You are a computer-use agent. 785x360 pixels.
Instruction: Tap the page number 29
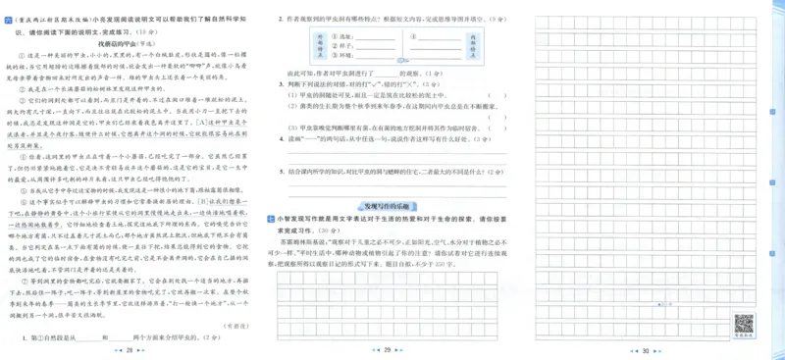387,350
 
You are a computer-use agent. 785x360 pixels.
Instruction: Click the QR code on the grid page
744,323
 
